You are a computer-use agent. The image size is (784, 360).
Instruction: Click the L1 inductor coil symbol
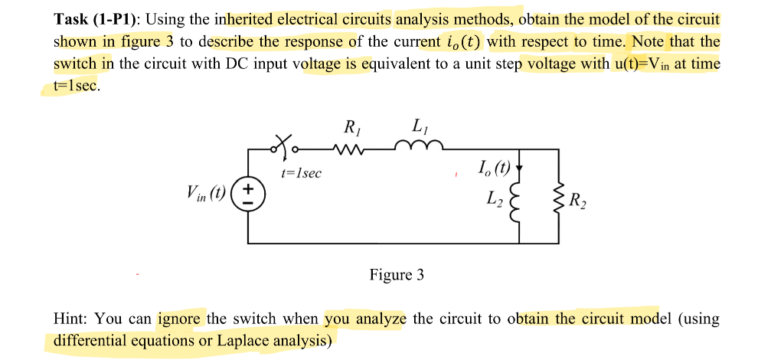(419, 146)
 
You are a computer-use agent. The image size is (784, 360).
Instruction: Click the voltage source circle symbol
(246, 194)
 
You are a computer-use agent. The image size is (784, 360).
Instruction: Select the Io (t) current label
(493, 168)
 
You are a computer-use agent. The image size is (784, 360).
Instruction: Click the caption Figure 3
(396, 274)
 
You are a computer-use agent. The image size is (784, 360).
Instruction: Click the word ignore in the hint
(180, 319)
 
